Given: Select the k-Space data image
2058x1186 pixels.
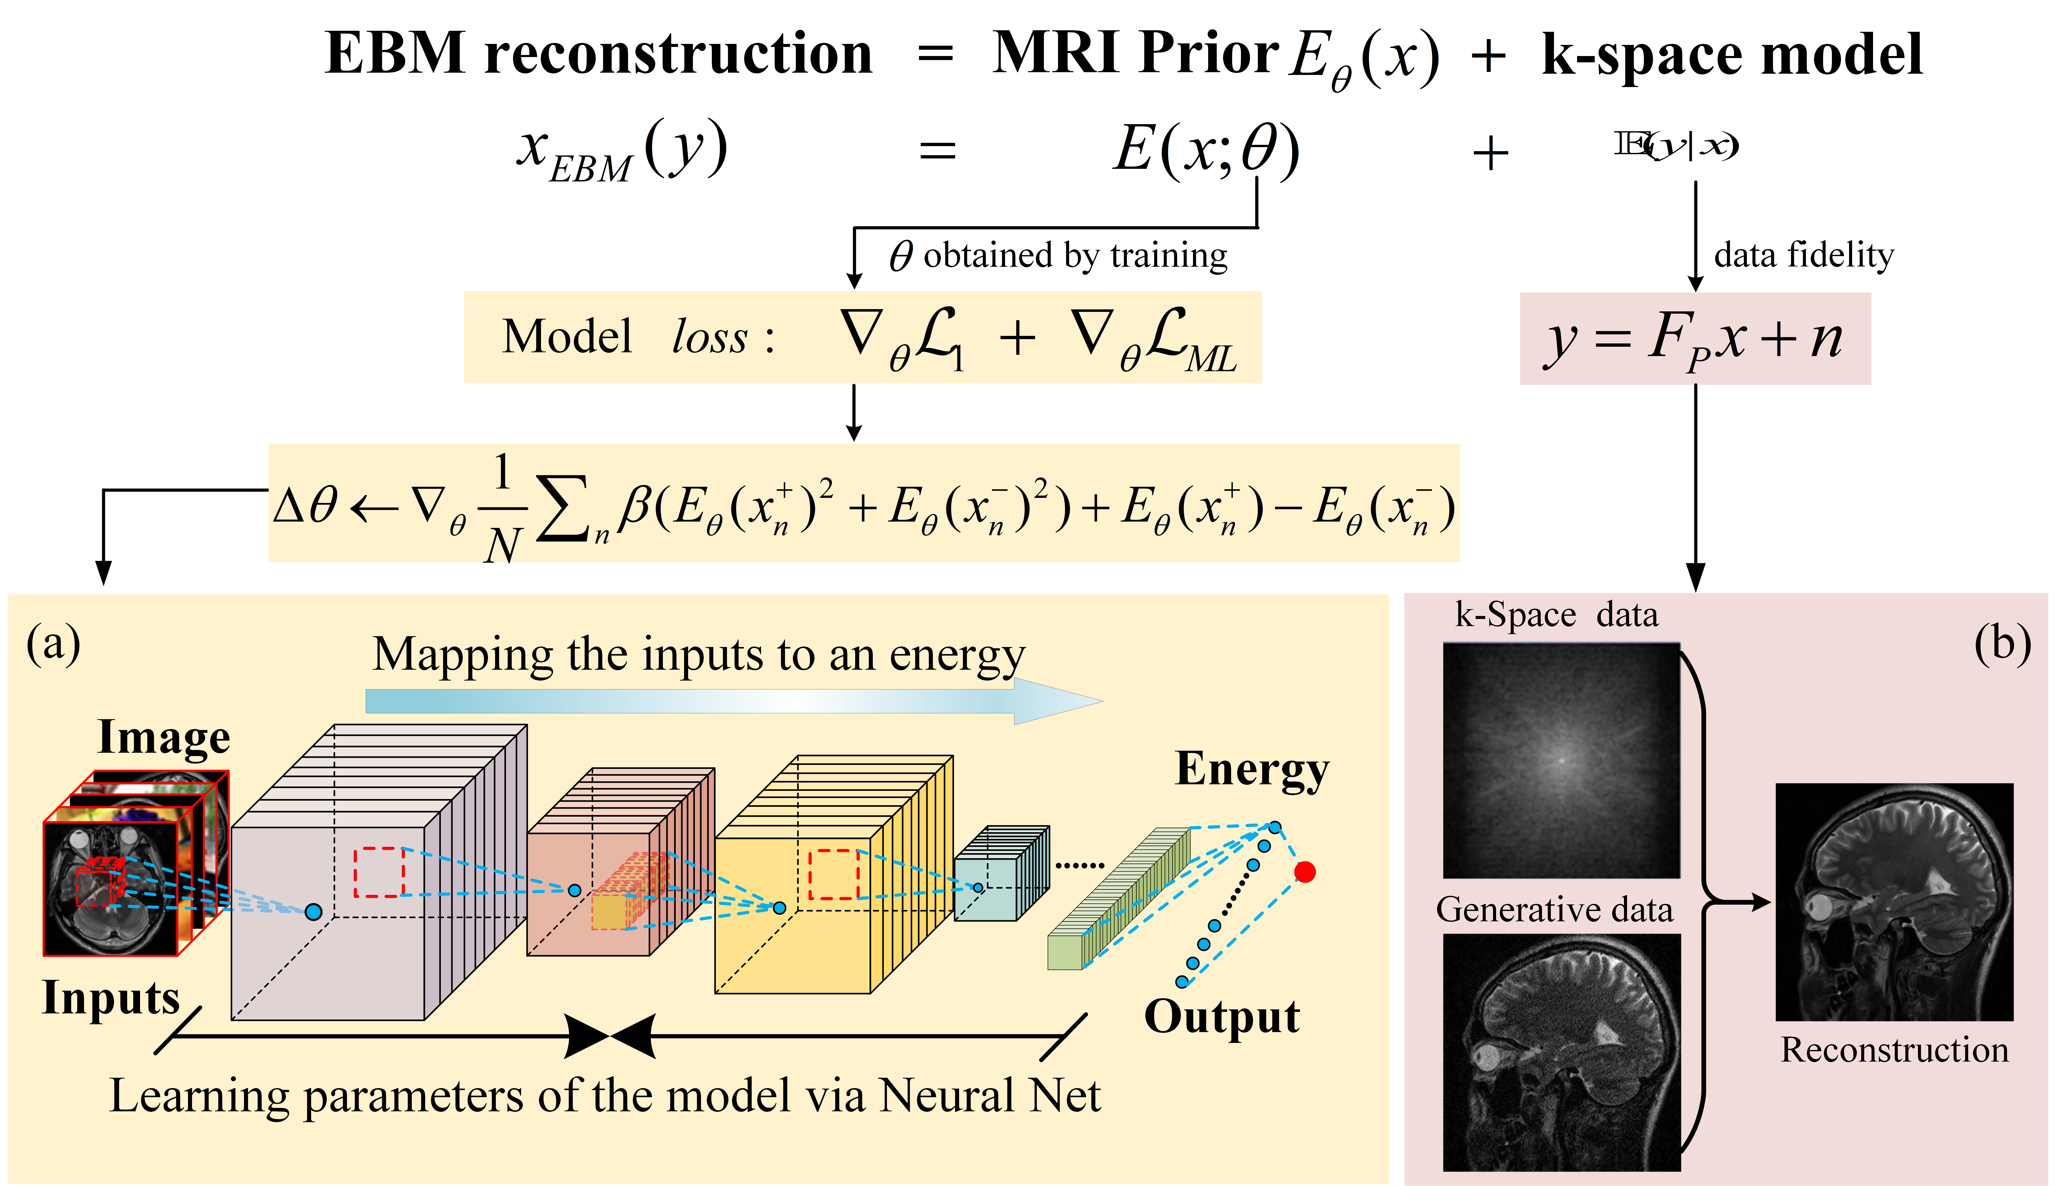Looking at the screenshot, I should coord(1561,760).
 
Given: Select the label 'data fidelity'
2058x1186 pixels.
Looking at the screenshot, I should coord(1803,255).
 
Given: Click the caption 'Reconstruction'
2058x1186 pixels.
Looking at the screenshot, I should coord(1894,1050).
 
